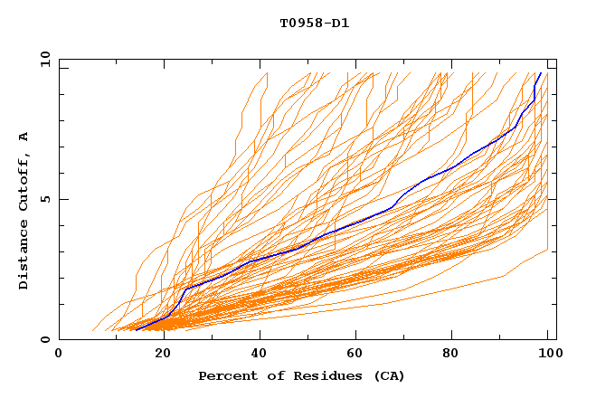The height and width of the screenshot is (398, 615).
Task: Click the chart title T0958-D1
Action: tap(314, 23)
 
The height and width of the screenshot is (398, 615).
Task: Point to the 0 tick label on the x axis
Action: tap(59, 355)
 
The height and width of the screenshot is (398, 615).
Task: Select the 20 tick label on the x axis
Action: tap(157, 355)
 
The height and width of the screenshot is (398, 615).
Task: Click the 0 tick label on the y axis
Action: tap(45, 339)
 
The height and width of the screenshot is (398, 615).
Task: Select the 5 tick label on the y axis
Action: tap(45, 199)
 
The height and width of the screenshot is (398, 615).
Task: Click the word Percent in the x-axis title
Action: tap(225, 375)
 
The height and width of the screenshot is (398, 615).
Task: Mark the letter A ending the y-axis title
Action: tap(24, 137)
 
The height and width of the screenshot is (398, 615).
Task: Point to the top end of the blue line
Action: tap(541, 73)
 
